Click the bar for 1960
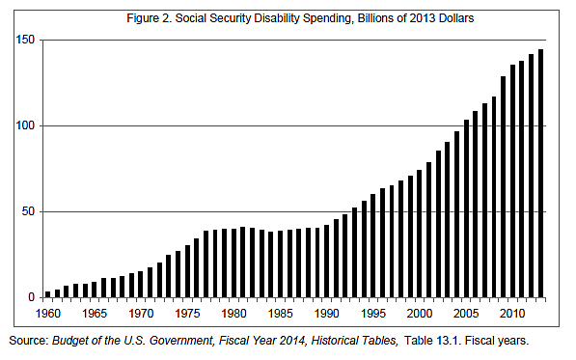click(x=48, y=294)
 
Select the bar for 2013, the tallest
click(x=541, y=174)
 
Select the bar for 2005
click(x=467, y=208)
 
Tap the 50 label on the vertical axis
click(x=29, y=211)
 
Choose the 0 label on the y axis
click(x=32, y=297)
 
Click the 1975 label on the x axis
click(x=187, y=314)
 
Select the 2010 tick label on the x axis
click(x=512, y=314)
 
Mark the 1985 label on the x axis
click(x=280, y=314)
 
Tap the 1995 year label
click(x=373, y=314)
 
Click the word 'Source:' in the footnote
click(x=30, y=342)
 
